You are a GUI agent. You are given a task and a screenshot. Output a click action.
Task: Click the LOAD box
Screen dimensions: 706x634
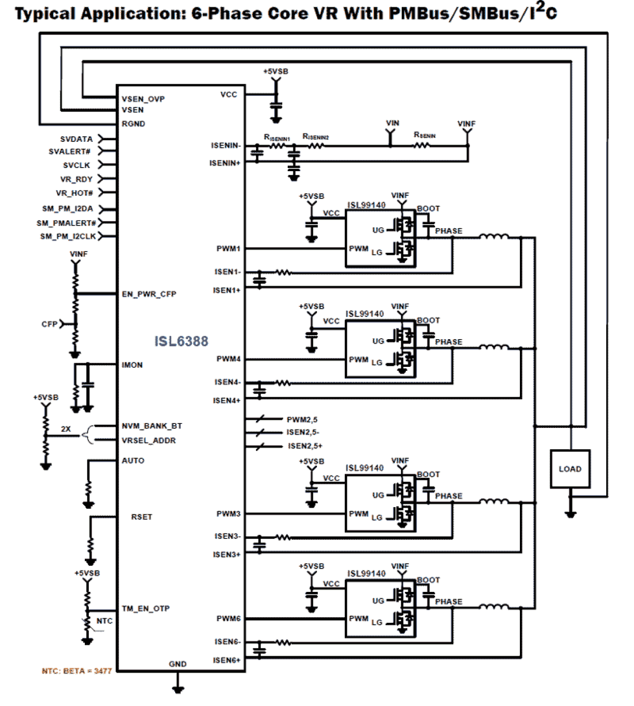pos(570,469)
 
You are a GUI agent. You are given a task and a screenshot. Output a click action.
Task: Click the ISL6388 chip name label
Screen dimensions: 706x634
pos(181,342)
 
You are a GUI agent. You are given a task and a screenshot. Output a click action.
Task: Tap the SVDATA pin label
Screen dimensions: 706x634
pos(76,139)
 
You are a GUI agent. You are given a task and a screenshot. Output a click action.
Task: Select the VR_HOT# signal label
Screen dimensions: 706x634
pos(74,193)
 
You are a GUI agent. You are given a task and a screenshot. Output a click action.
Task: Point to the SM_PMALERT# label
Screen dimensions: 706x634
pos(66,223)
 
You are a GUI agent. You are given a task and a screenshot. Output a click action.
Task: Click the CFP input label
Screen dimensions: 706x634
pos(49,324)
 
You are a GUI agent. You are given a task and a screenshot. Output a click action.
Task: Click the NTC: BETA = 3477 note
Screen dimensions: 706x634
pos(77,671)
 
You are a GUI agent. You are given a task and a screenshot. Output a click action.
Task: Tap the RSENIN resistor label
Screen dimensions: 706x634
pos(425,135)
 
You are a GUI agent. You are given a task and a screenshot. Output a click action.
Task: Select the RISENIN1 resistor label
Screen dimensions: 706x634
pos(277,137)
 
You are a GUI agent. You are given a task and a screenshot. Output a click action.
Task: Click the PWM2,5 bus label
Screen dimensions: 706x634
pos(302,420)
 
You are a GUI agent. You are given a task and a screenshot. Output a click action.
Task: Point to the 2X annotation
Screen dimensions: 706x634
pos(66,429)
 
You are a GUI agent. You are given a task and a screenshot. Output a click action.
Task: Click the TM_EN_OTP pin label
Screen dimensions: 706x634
pos(145,609)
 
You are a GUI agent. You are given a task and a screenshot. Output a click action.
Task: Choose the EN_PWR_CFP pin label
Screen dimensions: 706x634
pos(149,294)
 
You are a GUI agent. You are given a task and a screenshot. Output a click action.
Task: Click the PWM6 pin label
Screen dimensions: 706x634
pos(228,619)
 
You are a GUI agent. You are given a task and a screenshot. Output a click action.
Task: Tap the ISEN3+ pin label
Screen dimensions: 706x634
pos(227,555)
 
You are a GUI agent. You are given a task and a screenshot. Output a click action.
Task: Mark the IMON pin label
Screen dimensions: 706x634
pos(132,365)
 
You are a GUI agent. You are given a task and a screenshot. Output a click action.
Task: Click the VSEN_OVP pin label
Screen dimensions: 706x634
pos(143,99)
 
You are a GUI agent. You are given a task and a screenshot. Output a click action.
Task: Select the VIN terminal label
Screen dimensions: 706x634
pos(393,123)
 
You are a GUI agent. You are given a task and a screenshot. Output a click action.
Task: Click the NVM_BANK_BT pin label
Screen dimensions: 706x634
pos(151,426)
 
